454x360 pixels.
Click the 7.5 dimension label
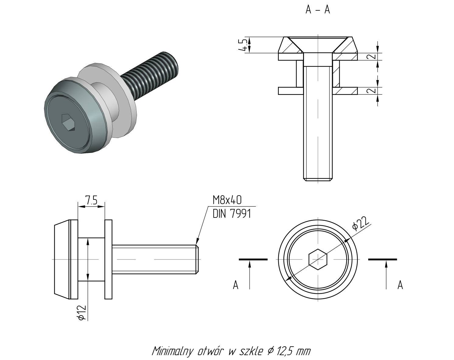(91, 200)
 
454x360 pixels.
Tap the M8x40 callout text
(227, 200)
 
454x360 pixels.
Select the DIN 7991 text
(232, 214)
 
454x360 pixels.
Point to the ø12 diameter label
(82, 313)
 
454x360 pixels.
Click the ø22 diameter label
(361, 223)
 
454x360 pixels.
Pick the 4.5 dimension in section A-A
(243, 45)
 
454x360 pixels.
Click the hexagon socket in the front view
(318, 259)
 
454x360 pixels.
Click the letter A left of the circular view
(236, 285)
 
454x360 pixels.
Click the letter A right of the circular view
(400, 285)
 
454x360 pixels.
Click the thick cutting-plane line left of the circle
(253, 259)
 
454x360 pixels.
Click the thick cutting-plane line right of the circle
(382, 259)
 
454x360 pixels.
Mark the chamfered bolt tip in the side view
(197, 259)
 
